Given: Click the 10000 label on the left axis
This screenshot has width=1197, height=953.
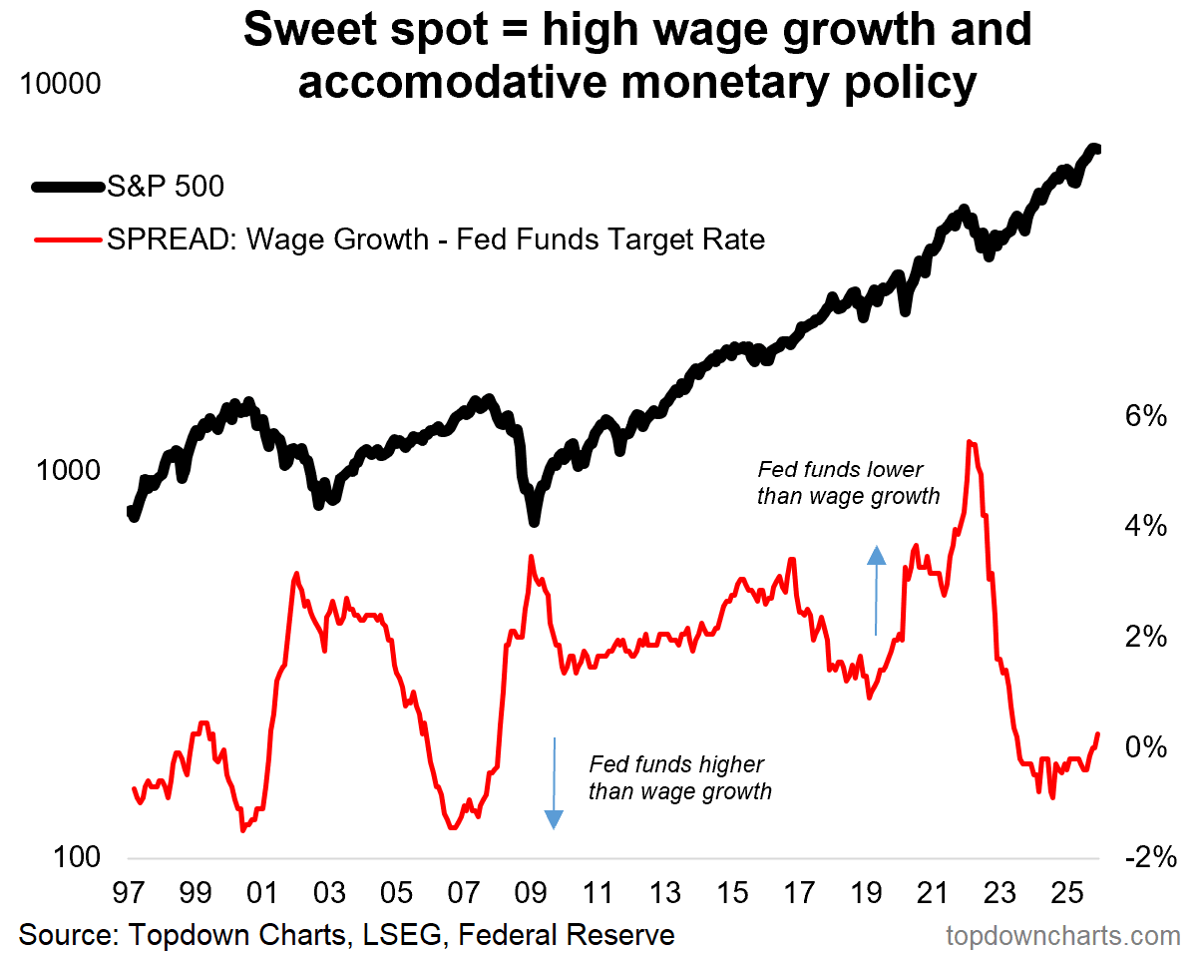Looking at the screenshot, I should (60, 84).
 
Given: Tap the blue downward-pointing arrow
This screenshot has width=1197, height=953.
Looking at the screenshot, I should (554, 783).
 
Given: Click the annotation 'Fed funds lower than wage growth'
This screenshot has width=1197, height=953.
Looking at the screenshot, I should (849, 482).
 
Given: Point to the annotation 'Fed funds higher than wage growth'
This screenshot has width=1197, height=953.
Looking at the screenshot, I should (680, 778).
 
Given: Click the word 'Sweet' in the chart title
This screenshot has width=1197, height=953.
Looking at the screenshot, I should (310, 30).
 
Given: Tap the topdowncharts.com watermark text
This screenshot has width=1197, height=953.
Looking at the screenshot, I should (1062, 935).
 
